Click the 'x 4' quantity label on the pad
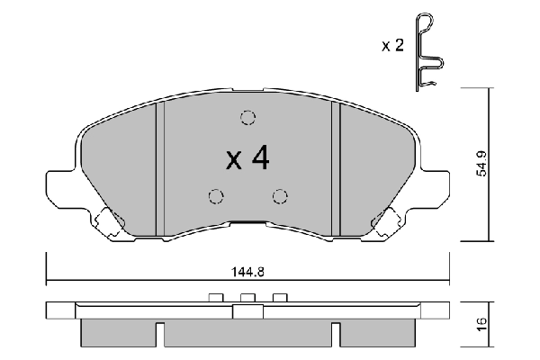[247, 159]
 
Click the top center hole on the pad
[247, 117]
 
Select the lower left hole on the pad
[214, 196]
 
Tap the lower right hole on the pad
[280, 196]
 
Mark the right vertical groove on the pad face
[334, 166]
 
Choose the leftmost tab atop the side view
[214, 298]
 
